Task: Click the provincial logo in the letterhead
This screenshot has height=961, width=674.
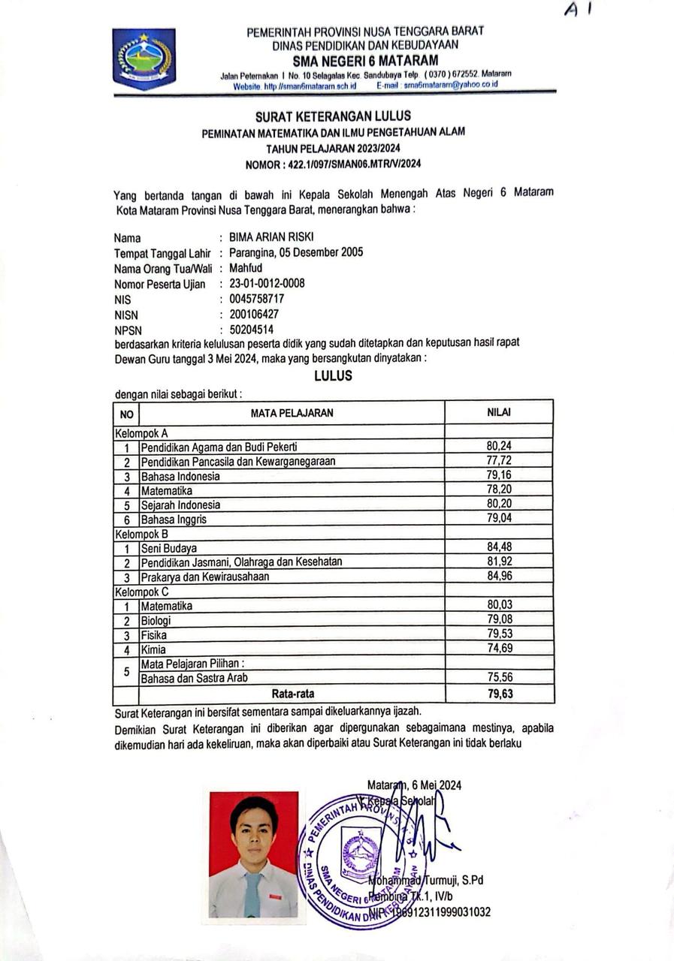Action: pos(144,58)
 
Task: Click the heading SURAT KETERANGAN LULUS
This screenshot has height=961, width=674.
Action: pos(333,116)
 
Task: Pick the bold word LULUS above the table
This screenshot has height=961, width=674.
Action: pos(333,376)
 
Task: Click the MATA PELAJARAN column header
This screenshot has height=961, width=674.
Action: pos(292,412)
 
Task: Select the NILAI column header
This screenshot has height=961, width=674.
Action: pos(499,412)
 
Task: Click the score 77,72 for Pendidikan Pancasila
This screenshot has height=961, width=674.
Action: pos(499,460)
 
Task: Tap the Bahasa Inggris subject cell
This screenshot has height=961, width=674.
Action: pos(174,519)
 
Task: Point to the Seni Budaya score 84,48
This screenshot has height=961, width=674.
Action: pos(499,547)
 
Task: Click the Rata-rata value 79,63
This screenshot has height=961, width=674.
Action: pos(500,694)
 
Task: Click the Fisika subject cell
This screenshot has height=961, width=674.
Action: pos(154,635)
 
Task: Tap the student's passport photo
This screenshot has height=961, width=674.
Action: pos(253,854)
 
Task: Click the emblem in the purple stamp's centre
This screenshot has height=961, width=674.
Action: pos(360,853)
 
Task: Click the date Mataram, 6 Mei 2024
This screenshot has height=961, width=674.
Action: pos(414,785)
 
